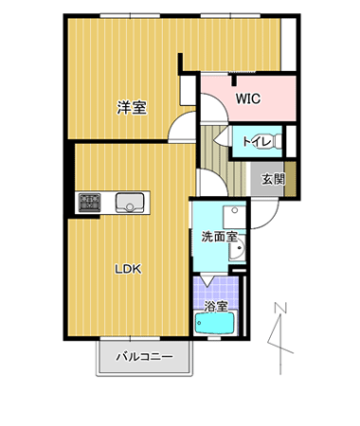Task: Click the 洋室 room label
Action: [x=132, y=108]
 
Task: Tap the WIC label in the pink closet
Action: [x=248, y=98]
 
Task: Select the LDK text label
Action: [x=128, y=269]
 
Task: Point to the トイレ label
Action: [x=257, y=141]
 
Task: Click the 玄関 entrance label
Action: [x=273, y=180]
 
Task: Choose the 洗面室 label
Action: [x=219, y=237]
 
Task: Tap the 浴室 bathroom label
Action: [x=216, y=306]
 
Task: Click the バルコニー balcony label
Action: [x=145, y=357]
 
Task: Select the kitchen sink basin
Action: [x=130, y=203]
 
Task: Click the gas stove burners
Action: [x=90, y=202]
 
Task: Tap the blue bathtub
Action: [x=214, y=323]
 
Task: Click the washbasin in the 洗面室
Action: [x=237, y=248]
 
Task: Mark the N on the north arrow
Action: [x=280, y=308]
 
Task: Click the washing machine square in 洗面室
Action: [x=234, y=217]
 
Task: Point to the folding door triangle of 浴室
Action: [x=207, y=281]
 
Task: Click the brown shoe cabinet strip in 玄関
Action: [x=291, y=179]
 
